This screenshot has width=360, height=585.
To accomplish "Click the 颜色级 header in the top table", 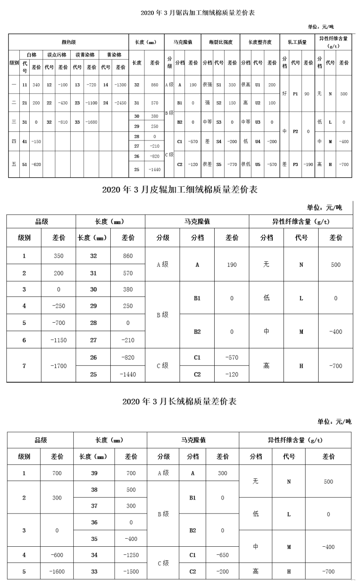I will (x=68, y=42).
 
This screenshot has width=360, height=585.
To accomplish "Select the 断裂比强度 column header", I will (x=220, y=42).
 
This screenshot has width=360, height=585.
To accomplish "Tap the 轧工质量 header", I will (x=297, y=42).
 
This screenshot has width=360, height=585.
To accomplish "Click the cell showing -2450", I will (x=120, y=103).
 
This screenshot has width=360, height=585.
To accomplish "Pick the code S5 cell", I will (x=218, y=165).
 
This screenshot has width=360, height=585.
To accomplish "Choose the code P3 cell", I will (x=296, y=165).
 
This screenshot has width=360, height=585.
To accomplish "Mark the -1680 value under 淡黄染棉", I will (x=91, y=122).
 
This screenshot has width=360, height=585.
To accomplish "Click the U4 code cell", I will (x=258, y=141).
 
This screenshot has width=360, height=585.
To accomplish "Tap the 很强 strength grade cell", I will (x=207, y=85).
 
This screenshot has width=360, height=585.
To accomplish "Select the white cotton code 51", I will (x=25, y=165).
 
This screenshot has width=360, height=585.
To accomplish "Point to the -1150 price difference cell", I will (x=58, y=340).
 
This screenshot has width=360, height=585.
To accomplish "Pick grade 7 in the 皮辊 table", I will (x=24, y=366).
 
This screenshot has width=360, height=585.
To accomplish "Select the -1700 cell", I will (x=58, y=366).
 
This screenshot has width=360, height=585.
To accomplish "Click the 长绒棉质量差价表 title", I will (x=180, y=401).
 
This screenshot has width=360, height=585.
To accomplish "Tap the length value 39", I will (x=94, y=473).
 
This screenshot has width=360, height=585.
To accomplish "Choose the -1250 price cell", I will (x=131, y=555).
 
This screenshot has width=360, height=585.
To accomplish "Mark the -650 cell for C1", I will (x=222, y=555).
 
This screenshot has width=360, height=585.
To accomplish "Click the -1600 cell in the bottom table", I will (x=57, y=571).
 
